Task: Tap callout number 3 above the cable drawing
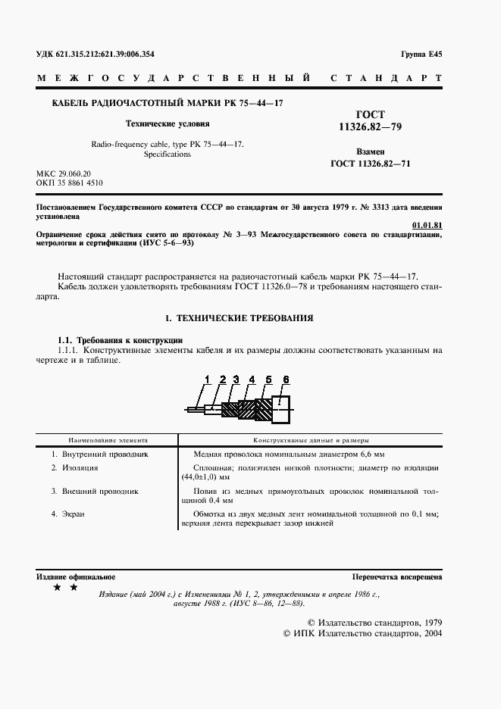236,379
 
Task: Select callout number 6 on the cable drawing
285,379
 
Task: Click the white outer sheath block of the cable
281,410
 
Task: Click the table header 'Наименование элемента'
108,439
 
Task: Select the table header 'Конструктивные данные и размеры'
311,439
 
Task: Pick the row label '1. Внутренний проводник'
99,454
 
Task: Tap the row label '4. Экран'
67,514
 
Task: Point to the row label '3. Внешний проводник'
95,491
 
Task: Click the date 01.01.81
427,225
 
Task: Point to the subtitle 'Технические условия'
167,123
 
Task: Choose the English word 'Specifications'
167,154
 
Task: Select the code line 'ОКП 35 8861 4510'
70,183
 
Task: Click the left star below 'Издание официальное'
57,588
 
